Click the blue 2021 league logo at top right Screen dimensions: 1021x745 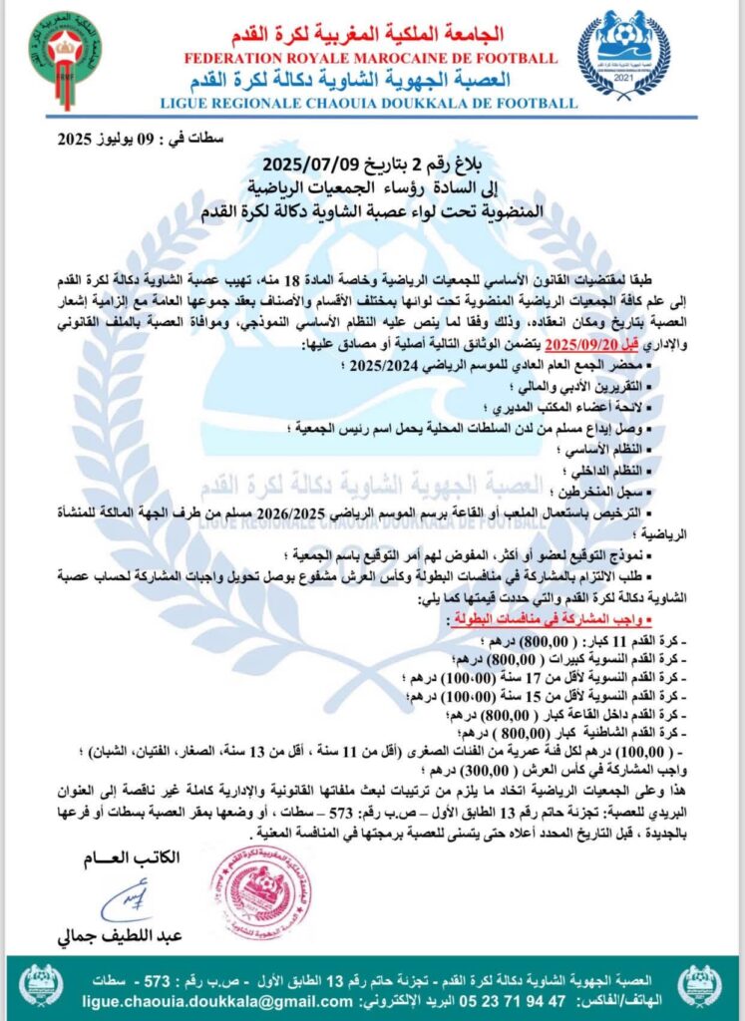pyautogui.click(x=623, y=53)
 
